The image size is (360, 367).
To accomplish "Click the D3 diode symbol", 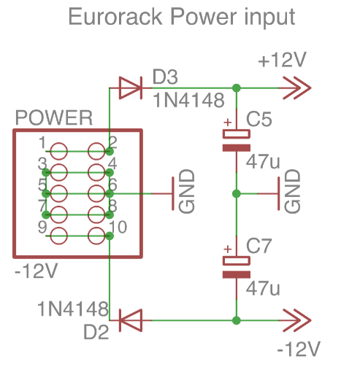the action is pos(131,88).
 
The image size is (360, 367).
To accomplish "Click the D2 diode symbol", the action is pos(131,320).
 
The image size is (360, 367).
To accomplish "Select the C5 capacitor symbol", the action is pos(237,141).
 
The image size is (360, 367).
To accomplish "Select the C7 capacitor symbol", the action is pos(237,267).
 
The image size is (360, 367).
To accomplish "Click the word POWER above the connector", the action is pos(54,117).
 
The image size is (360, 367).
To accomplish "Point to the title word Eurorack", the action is pos(115,17).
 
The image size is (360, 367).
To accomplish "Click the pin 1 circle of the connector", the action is pos(58,151).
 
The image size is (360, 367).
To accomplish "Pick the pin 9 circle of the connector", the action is pos(58,236).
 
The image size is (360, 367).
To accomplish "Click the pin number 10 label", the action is pos(118,227).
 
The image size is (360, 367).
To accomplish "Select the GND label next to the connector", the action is pos(187,191).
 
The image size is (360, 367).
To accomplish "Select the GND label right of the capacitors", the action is pos(292,191).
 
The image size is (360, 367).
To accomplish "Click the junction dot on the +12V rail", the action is pos(237,88).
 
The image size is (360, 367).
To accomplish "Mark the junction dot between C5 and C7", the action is pos(237,193).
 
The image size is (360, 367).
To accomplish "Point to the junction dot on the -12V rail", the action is pos(237,320).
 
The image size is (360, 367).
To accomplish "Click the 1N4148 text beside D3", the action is pos(188,100).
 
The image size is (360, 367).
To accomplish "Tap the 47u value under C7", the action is pos(263,288).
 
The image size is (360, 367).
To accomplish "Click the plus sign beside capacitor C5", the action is pos(228,122).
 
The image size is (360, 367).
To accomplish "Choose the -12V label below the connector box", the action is pos(37,271).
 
